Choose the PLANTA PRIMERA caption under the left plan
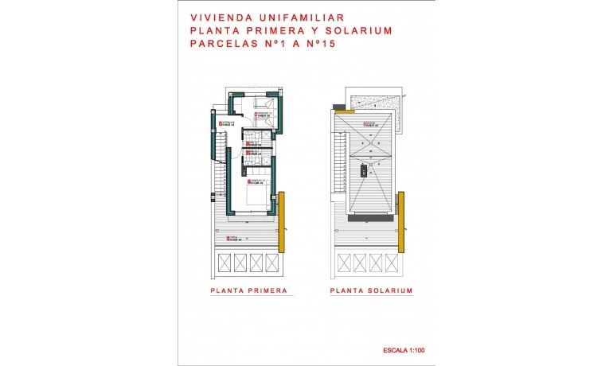click(248, 291)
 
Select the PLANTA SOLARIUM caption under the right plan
click(371, 291)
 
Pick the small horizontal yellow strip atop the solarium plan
click(345, 112)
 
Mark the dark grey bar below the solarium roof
click(371, 214)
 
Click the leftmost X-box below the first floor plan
click(224, 262)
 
